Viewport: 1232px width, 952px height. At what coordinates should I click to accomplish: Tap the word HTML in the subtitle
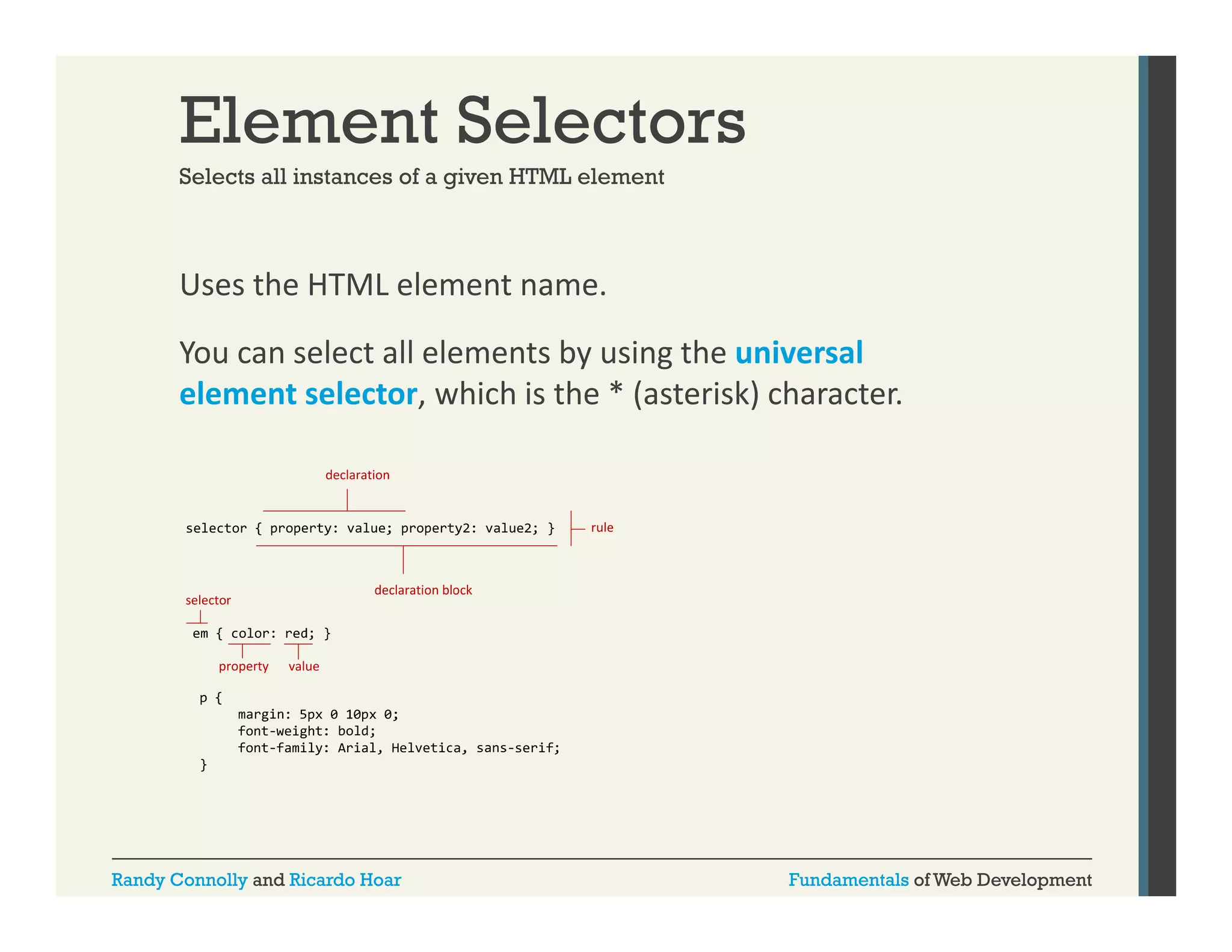coord(540,177)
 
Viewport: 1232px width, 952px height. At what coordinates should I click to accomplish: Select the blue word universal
coord(799,353)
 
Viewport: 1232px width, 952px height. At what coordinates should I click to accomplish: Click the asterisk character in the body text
coord(616,394)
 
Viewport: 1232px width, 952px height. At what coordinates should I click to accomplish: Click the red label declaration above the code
coord(357,475)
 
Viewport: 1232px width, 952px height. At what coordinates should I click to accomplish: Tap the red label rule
coord(602,528)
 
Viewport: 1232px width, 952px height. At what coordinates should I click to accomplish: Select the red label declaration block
coord(423,590)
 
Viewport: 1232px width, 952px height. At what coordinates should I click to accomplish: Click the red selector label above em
coord(208,600)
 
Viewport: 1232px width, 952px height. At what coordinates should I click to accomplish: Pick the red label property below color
coord(244,666)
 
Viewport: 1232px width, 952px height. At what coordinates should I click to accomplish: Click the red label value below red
coord(304,666)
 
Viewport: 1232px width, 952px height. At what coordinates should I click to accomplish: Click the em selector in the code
coord(200,633)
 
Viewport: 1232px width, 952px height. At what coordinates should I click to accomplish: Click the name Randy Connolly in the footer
coord(179,880)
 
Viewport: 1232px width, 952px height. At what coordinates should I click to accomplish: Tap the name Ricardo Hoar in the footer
coord(345,880)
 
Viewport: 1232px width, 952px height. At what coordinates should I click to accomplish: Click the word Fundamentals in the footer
coord(848,880)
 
